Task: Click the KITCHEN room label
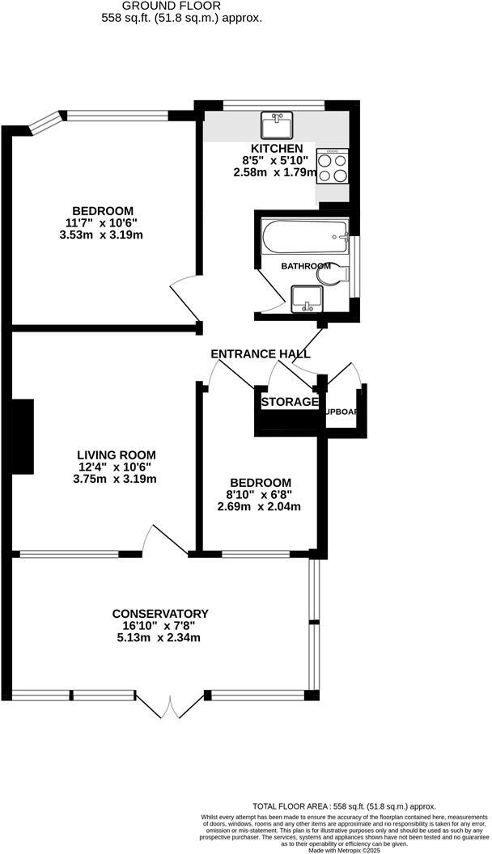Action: [x=277, y=148]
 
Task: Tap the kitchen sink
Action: [x=276, y=125]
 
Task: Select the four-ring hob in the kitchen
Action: [x=333, y=167]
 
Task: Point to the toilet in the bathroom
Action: [x=332, y=275]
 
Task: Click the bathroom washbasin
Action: [x=306, y=298]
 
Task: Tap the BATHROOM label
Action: [x=305, y=266]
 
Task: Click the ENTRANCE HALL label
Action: [x=260, y=354]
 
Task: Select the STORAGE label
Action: [x=289, y=402]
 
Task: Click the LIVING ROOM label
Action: [x=117, y=454]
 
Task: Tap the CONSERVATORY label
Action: [x=160, y=613]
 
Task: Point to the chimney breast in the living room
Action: [x=23, y=436]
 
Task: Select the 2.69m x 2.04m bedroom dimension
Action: [x=259, y=507]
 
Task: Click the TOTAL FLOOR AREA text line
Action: [x=344, y=806]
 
